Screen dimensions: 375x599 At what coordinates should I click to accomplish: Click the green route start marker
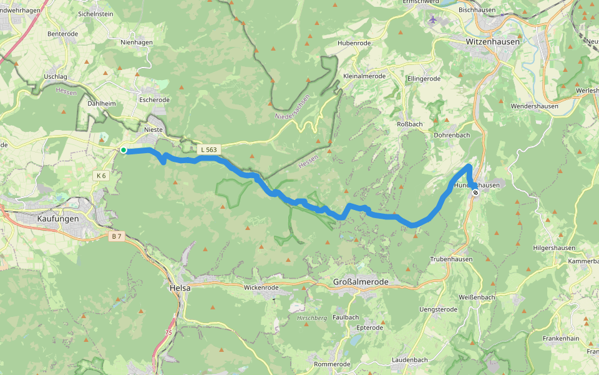[124, 150]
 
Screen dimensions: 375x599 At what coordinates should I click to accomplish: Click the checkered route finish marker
[475, 193]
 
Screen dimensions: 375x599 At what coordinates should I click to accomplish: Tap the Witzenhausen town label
[492, 41]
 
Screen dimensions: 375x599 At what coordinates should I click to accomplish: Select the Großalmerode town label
[361, 282]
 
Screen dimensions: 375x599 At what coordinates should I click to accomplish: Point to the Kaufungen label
[58, 219]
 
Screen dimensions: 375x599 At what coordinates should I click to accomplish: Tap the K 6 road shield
[102, 176]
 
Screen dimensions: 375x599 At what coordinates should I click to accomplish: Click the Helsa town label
[180, 288]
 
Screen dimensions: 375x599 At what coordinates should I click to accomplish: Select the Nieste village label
[153, 130]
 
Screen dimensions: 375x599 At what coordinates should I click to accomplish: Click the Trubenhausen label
[451, 259]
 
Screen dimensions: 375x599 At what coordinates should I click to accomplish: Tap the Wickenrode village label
[261, 288]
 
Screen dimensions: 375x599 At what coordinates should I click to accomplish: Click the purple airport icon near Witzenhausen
[434, 19]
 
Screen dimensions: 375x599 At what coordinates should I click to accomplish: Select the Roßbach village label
[410, 124]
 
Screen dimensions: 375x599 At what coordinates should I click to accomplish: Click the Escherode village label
[155, 100]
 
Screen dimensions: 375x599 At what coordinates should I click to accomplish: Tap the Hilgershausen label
[554, 248]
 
